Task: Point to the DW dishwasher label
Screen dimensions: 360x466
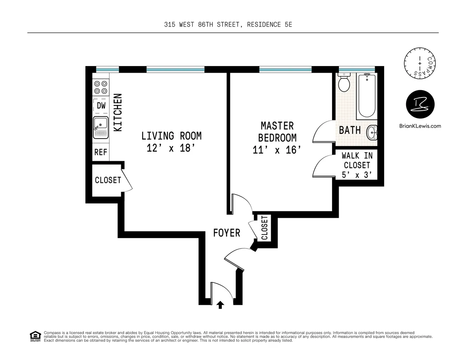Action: pos(101,105)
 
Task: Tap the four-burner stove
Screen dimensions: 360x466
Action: pos(101,87)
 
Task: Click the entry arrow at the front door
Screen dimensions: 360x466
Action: pos(220,305)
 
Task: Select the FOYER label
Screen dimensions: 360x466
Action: pos(226,233)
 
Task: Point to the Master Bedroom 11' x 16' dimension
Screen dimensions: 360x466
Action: pos(277,150)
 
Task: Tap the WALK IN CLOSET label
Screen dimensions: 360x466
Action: pos(357,165)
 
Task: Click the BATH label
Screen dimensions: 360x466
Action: pos(349,130)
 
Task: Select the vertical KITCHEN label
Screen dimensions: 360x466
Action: pos(118,112)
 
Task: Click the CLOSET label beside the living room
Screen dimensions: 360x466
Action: pos(108,180)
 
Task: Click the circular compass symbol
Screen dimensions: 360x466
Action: pos(420,63)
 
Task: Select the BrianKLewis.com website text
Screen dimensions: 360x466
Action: pos(420,126)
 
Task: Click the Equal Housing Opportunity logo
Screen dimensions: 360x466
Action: pos(35,336)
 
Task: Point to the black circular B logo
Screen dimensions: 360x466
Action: pos(420,104)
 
